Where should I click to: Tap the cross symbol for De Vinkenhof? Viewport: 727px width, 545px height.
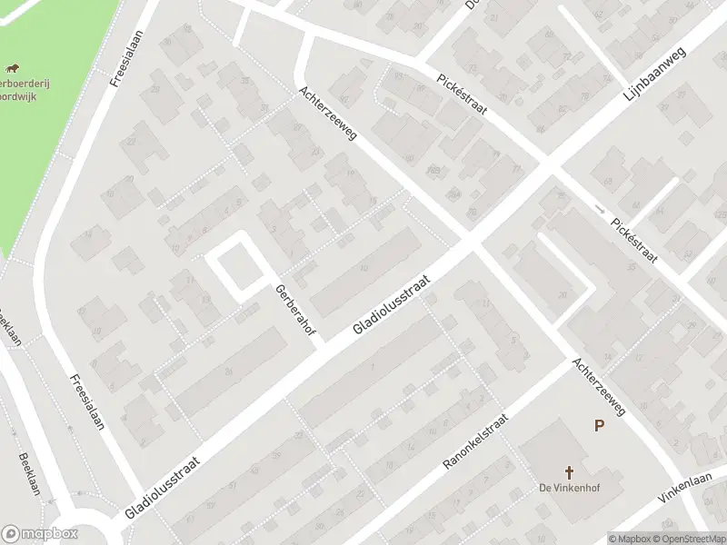(570, 472)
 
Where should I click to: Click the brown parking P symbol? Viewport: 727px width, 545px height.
(599, 425)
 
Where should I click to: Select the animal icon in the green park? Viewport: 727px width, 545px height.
(13, 69)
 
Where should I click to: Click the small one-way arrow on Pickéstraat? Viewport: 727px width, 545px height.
(598, 210)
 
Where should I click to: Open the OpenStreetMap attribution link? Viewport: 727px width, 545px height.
(689, 538)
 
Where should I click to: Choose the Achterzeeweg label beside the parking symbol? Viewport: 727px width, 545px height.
(599, 386)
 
